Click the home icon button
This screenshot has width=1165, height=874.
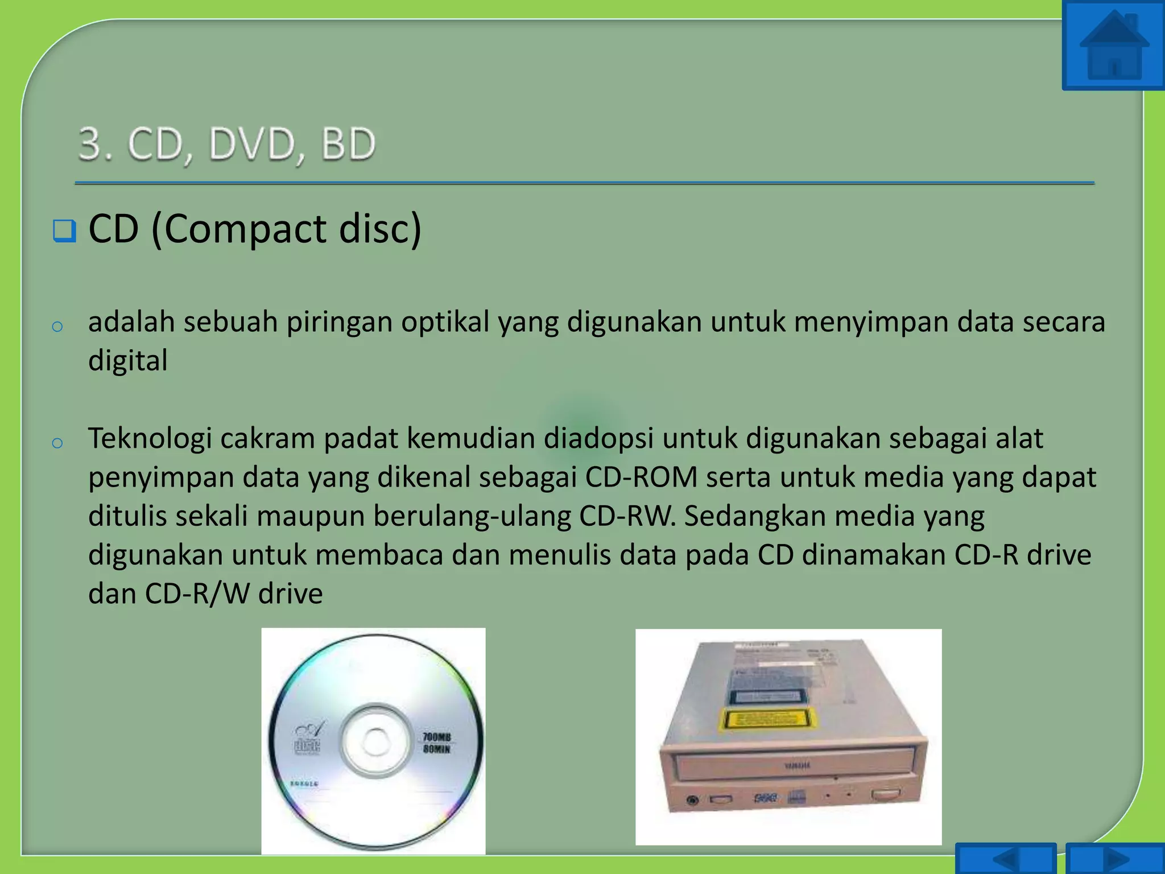(x=1113, y=46)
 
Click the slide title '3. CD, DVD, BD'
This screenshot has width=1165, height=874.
(x=227, y=144)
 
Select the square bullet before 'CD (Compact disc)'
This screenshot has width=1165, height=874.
(x=64, y=231)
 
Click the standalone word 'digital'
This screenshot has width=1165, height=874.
(x=128, y=361)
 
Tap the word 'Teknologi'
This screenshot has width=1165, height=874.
(x=150, y=439)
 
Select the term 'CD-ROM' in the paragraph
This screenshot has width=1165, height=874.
(x=641, y=477)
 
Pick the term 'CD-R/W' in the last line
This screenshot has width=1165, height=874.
(x=197, y=594)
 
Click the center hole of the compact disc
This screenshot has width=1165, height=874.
(x=374, y=741)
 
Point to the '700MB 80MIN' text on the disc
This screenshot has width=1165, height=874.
(x=436, y=743)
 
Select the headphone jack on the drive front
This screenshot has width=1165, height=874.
(x=692, y=801)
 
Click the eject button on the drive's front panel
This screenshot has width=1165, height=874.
(x=885, y=794)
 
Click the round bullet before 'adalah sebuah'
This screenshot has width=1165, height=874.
(x=57, y=327)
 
